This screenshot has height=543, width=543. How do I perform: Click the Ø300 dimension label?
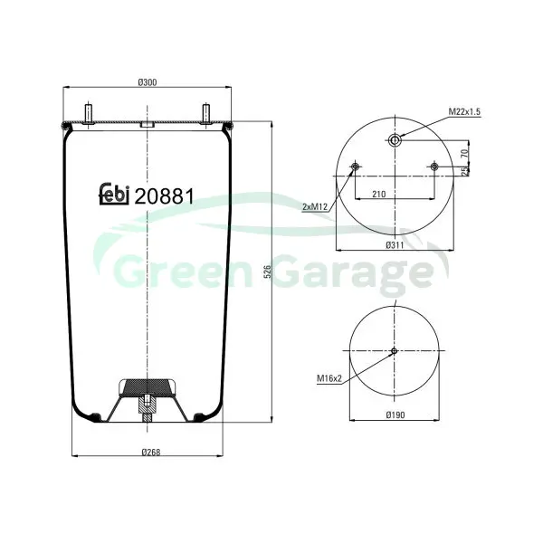pos(148,82)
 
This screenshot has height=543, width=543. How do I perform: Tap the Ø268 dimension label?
pos(151,452)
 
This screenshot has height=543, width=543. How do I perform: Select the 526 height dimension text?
pos(267,271)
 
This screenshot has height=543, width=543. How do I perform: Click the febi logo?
pos(114,194)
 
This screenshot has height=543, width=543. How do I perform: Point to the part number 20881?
pos(164,196)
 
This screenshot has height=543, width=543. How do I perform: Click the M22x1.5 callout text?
pos(464,111)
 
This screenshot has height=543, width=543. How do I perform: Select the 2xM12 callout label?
pos(315,206)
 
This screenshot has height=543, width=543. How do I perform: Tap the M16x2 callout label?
pos(329,378)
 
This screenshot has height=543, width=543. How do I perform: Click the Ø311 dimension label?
pos(395,245)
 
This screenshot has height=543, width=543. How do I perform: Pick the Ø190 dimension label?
pos(395,414)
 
